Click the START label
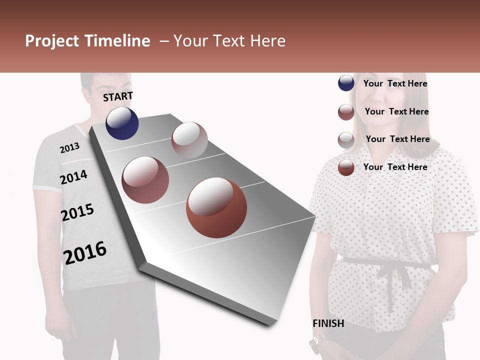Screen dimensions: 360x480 click(118, 96)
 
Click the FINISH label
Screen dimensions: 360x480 click(328, 323)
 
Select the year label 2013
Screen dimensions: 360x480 click(69, 148)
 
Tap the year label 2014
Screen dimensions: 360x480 click(73, 177)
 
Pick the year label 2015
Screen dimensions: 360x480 click(77, 212)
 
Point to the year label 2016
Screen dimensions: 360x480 click(85, 252)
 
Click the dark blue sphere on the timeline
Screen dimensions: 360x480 click(122, 123)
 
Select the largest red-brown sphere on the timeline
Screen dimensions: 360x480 click(216, 207)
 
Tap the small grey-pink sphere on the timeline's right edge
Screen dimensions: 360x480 click(189, 140)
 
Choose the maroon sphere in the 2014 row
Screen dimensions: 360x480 click(145, 180)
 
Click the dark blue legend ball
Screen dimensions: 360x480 click(346, 83)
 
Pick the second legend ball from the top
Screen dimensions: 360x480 click(346, 112)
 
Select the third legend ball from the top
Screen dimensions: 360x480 click(346, 140)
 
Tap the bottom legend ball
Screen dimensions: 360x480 click(346, 167)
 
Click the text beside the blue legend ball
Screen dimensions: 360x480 click(395, 83)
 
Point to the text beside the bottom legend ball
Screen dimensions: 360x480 click(395, 167)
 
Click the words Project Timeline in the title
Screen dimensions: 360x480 click(87, 41)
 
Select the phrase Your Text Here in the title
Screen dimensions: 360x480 click(229, 41)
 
